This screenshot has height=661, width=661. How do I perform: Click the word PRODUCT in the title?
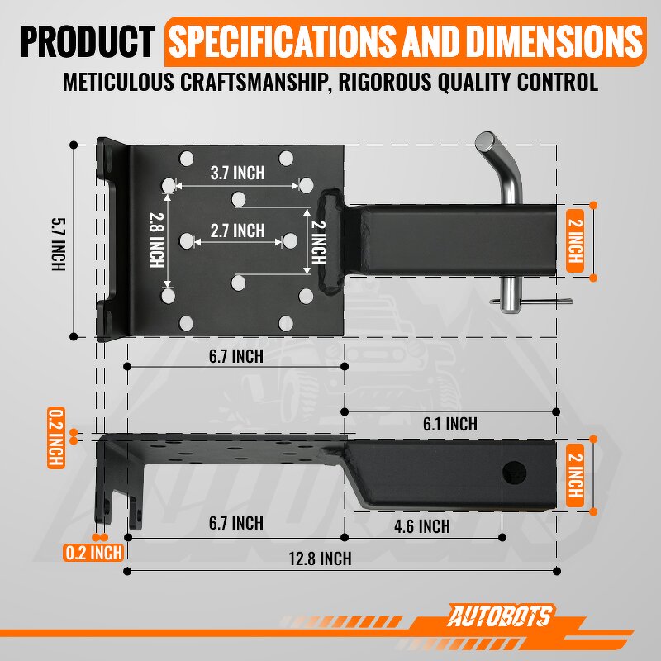click(x=88, y=41)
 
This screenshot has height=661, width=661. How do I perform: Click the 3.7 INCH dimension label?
click(x=237, y=173)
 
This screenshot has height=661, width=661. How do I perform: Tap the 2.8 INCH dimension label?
click(x=155, y=240)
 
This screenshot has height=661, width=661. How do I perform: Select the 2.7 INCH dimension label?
click(x=237, y=231)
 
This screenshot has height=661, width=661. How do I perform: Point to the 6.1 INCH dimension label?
click(x=449, y=424)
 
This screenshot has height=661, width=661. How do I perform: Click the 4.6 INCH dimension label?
click(x=423, y=526)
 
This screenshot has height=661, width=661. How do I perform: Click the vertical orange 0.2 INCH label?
click(x=56, y=438)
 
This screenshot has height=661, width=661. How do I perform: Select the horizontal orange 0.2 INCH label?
click(x=93, y=552)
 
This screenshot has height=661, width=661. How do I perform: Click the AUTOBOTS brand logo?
click(x=502, y=616)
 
